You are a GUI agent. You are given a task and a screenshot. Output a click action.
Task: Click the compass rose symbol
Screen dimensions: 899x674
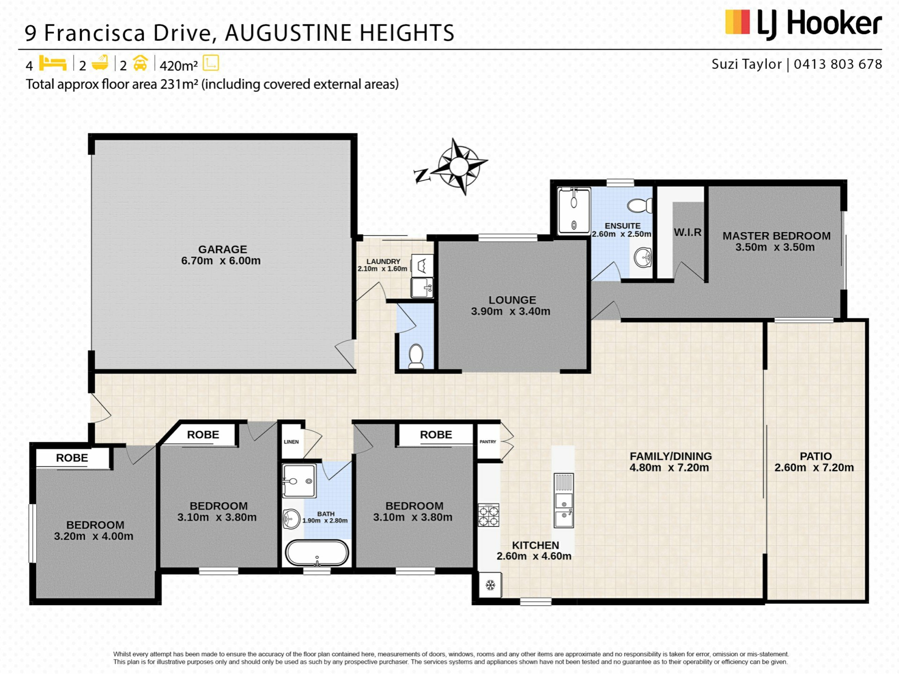coord(458,166)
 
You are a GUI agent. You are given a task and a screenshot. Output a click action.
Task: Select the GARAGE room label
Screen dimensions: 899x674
coord(222,249)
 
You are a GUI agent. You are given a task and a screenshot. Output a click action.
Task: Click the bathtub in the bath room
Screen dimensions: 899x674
coord(317,553)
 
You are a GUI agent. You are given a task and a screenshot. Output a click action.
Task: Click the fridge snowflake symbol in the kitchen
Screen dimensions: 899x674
coord(490,585)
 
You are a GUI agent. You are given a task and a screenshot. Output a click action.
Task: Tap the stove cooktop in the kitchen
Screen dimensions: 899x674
coord(488,515)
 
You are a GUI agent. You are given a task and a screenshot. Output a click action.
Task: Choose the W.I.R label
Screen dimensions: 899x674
coord(687,232)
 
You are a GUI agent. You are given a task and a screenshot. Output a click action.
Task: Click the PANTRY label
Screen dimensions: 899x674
coord(488,442)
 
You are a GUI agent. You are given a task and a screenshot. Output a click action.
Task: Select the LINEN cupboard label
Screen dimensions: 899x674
coord(291,442)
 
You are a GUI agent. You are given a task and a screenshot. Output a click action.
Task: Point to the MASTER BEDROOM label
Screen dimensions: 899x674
coord(776,236)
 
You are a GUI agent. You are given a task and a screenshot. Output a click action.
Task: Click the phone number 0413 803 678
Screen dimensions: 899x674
coord(838,64)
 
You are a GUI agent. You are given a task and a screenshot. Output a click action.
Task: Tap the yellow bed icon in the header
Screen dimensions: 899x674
coord(52,63)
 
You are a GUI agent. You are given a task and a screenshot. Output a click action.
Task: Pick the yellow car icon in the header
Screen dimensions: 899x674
coord(140,63)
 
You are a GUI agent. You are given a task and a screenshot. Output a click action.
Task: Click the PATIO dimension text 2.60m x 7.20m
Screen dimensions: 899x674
coord(814,468)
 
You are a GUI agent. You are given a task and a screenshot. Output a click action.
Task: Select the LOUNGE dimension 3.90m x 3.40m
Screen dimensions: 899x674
coord(510,311)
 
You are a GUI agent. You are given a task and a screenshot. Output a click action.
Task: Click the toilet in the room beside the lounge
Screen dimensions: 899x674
coord(416,357)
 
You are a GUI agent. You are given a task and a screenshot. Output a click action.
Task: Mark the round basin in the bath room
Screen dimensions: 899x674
coord(291,519)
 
